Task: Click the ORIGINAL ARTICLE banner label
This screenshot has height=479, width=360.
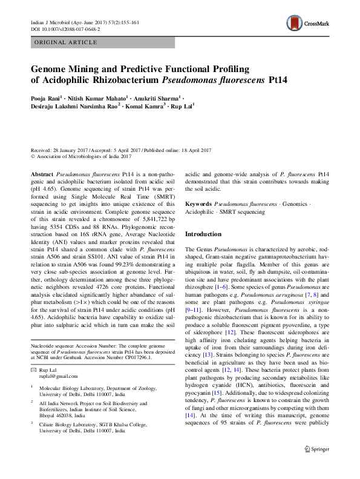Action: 67,42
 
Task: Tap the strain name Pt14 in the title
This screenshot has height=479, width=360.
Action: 262,80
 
